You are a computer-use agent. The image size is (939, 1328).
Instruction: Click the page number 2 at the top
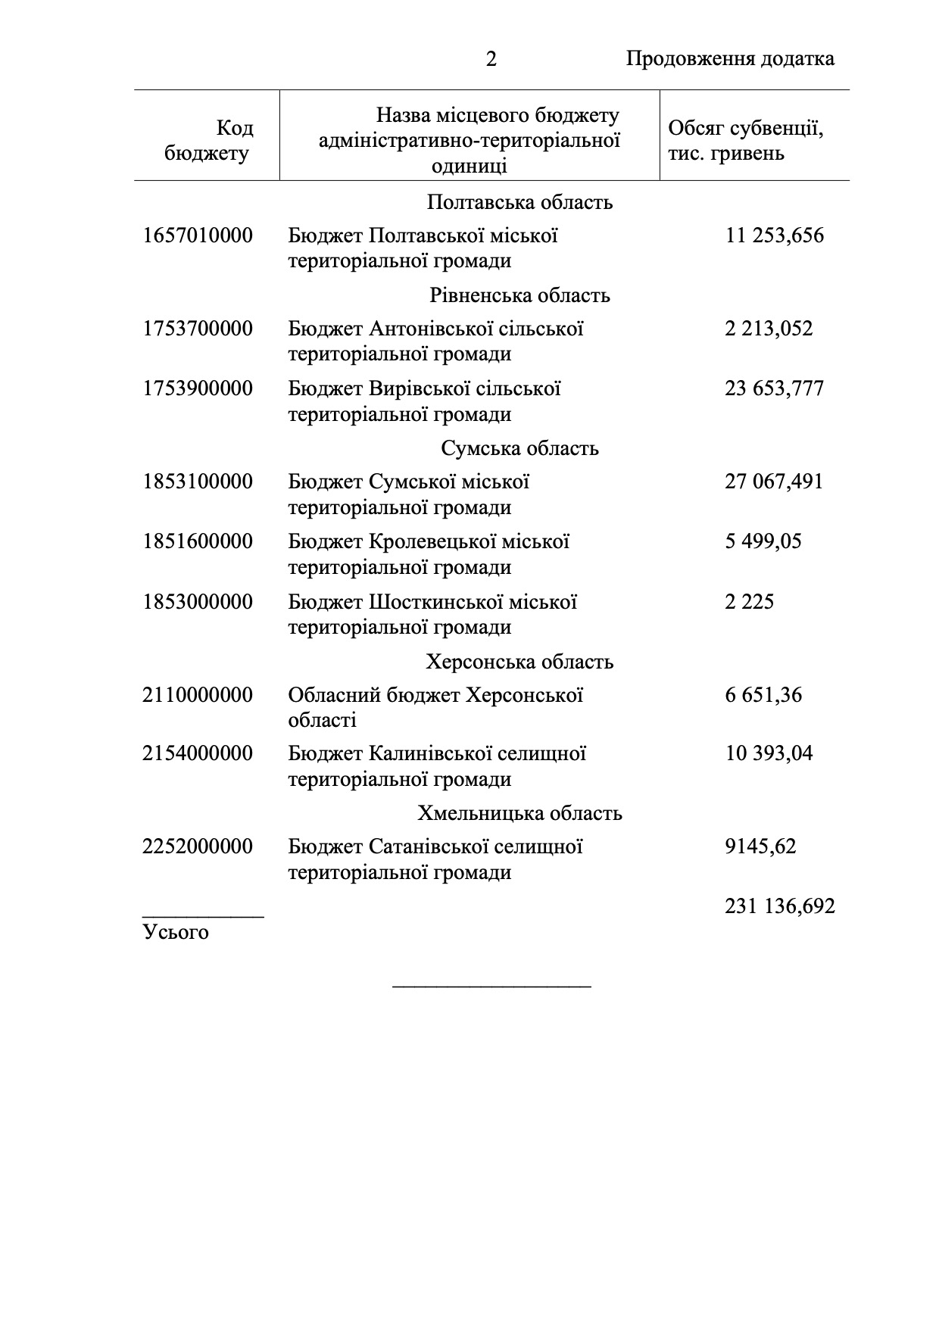(x=491, y=59)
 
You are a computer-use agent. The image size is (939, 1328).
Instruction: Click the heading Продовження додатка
(x=730, y=59)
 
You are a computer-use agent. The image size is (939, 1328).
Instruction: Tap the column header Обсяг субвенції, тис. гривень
(x=745, y=141)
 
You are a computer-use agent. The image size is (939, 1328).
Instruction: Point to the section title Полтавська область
(x=519, y=203)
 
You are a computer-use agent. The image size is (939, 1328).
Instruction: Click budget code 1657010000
(x=198, y=235)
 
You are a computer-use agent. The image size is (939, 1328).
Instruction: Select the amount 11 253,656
(x=774, y=235)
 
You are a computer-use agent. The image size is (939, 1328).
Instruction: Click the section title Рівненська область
(x=519, y=295)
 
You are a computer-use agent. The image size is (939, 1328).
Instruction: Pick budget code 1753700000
(x=198, y=329)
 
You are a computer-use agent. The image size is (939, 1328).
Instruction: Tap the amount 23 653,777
(x=774, y=388)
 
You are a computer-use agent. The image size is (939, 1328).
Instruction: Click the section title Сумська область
(x=519, y=448)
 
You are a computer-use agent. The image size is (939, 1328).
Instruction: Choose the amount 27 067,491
(x=773, y=482)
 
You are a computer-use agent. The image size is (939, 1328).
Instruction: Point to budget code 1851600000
(x=198, y=541)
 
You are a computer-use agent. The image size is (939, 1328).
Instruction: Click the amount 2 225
(x=749, y=602)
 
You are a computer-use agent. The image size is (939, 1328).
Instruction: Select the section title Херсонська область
(x=519, y=662)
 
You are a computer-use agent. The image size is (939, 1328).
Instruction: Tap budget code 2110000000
(x=198, y=694)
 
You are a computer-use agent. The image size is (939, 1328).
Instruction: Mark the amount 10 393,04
(x=769, y=753)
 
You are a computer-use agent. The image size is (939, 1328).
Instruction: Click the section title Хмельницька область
(x=519, y=813)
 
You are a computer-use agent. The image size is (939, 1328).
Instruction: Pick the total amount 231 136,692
(x=779, y=906)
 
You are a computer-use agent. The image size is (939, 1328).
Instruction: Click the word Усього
(x=176, y=932)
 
